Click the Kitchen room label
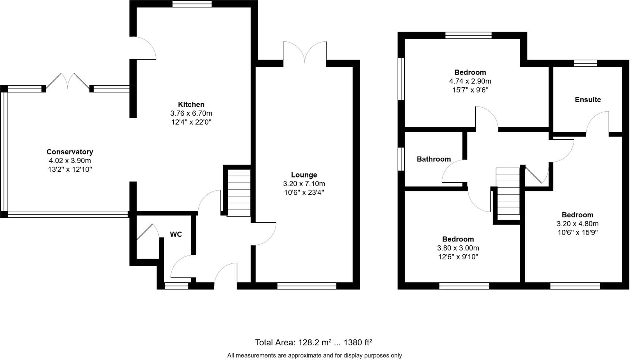click(x=191, y=105)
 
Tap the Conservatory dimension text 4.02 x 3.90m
click(x=69, y=161)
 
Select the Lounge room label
click(x=304, y=175)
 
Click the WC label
click(x=176, y=234)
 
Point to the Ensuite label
click(x=588, y=100)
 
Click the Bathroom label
click(x=434, y=159)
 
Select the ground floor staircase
click(x=239, y=193)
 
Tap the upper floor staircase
click(x=508, y=191)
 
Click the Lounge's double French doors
click(x=305, y=53)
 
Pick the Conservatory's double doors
click(x=68, y=81)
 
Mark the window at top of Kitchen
click(x=192, y=4)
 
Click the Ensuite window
click(x=585, y=63)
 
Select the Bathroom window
click(x=401, y=159)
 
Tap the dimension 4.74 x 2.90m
click(x=470, y=81)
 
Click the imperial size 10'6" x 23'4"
click(x=304, y=192)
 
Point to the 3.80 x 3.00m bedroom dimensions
click(x=458, y=248)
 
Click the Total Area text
click(x=313, y=342)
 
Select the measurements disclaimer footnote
click(x=315, y=355)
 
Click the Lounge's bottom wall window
click(x=306, y=286)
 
